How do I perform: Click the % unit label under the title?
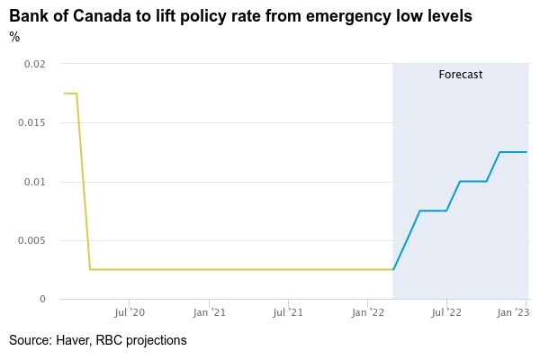tap(14, 37)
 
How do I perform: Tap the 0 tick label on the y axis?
tap(42, 299)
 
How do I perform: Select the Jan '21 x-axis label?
tap(209, 312)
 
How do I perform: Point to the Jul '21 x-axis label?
tap(288, 312)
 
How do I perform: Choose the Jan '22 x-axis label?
tap(368, 312)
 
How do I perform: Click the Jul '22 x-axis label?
tap(446, 312)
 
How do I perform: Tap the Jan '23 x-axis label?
tap(514, 312)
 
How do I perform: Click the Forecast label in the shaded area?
tap(461, 75)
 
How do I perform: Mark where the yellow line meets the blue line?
tap(393, 269)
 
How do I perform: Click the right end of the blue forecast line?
tap(526, 152)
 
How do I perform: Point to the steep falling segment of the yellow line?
tap(83, 180)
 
